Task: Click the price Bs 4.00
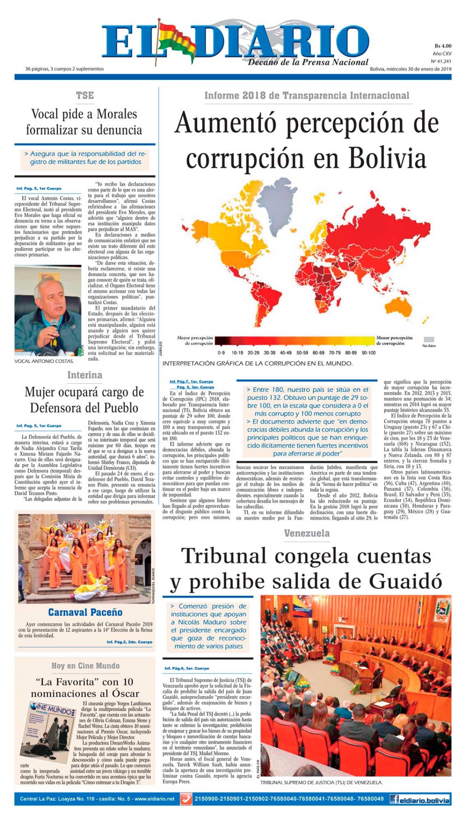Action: (x=443, y=46)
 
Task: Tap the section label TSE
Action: (x=85, y=95)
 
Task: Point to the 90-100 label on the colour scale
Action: (x=369, y=353)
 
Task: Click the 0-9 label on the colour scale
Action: (x=221, y=353)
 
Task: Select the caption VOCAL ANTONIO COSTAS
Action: (x=44, y=361)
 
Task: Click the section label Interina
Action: (x=85, y=375)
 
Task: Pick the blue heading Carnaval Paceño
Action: (x=85, y=612)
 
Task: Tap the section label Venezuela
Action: (x=307, y=533)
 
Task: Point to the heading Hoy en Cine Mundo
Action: (x=85, y=666)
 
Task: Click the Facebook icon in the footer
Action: (x=395, y=799)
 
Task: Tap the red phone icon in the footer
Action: (x=186, y=799)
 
